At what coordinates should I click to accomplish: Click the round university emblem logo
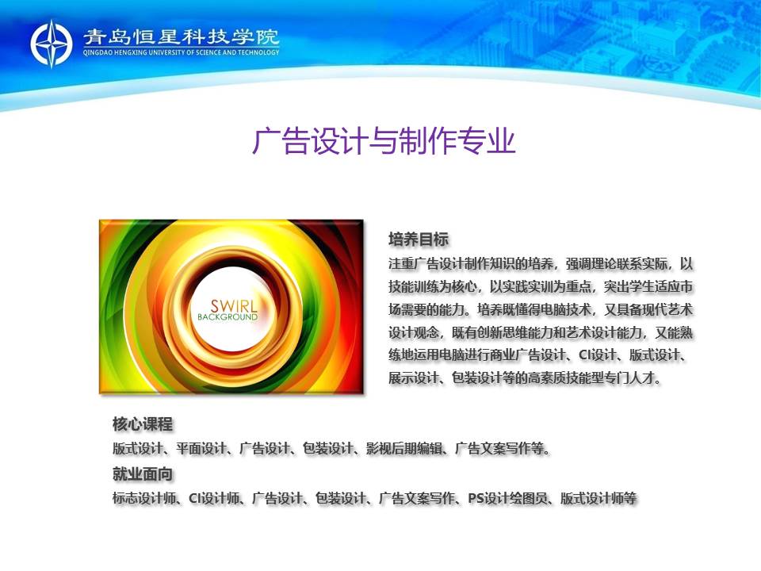pos(51,44)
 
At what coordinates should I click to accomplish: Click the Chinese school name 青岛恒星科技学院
pos(181,37)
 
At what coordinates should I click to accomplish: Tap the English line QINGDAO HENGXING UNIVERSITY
pos(181,52)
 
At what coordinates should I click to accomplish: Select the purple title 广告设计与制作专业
pos(384,141)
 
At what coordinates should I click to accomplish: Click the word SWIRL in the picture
pos(234,306)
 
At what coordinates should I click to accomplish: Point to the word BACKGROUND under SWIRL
pos(228,317)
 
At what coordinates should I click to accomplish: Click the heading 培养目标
pos(419,240)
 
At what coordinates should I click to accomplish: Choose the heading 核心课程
pos(143,423)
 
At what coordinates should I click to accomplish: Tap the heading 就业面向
pos(143,474)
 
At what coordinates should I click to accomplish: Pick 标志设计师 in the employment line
pos(144,498)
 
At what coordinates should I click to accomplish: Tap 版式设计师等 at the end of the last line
pos(598,498)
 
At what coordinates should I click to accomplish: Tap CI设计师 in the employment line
pos(214,498)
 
